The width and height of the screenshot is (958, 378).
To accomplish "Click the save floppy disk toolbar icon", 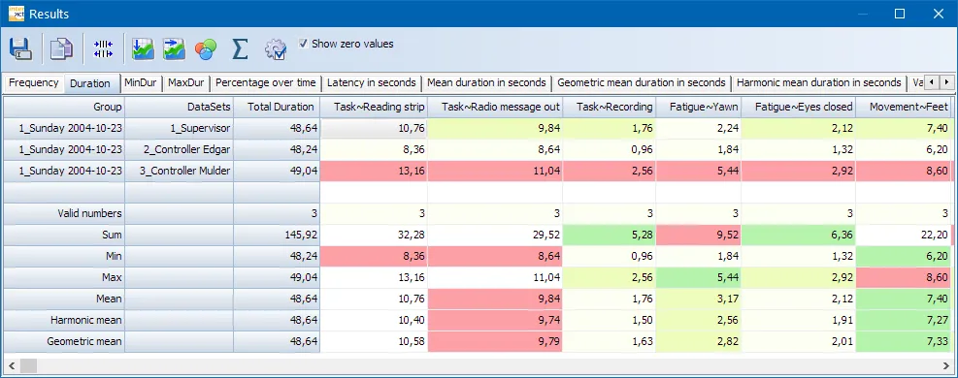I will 21,48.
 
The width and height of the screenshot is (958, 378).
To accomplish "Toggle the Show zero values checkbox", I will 304,44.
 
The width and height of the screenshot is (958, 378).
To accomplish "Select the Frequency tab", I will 34,83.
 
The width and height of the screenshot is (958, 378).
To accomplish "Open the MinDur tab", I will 141,83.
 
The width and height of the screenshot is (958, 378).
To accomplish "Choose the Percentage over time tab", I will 266,83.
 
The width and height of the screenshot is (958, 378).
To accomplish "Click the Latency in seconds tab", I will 372,83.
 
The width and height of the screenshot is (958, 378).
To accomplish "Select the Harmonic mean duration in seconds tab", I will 818,83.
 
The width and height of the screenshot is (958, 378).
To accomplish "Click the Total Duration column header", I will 281,107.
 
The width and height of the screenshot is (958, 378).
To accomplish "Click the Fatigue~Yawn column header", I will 698,107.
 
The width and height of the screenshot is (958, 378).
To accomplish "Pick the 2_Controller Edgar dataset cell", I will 180,149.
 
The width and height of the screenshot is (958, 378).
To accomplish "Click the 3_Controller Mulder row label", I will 180,171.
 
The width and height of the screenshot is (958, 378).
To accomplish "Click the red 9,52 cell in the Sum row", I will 698,235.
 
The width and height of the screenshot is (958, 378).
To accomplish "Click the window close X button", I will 934,14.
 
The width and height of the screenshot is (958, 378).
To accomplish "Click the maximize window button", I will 899,14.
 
